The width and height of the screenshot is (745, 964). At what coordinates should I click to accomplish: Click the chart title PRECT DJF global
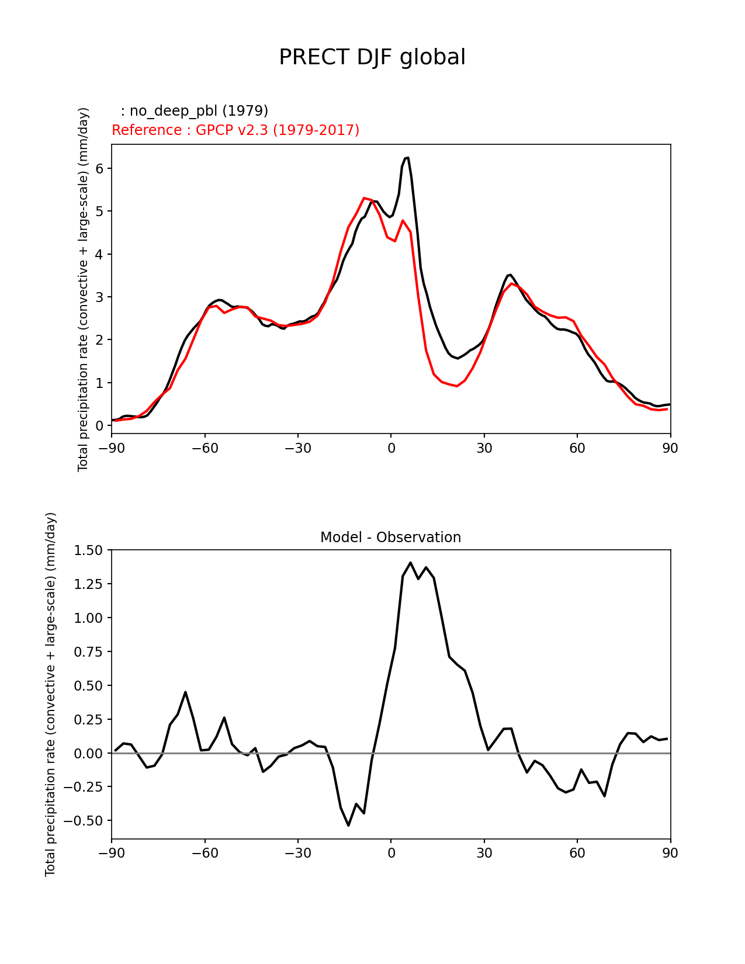[x=372, y=57]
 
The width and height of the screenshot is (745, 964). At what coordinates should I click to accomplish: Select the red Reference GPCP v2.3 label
[x=235, y=130]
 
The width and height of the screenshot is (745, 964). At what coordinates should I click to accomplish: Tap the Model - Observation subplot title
[x=390, y=538]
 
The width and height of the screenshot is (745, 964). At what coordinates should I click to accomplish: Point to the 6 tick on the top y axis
[x=99, y=168]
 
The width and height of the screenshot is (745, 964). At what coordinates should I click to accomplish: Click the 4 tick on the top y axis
[x=99, y=254]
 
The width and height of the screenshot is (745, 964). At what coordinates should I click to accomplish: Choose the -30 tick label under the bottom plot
[x=297, y=854]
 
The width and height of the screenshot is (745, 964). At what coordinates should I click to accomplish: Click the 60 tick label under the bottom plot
[x=577, y=854]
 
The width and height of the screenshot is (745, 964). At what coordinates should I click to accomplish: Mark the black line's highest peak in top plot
[x=407, y=158]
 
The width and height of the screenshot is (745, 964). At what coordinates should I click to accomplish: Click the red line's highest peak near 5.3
[x=363, y=198]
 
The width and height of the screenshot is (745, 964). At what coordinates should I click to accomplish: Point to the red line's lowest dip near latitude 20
[x=456, y=386]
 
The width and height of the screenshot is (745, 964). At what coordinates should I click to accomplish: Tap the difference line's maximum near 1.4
[x=410, y=563]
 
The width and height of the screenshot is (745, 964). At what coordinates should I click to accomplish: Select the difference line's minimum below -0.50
[x=348, y=825]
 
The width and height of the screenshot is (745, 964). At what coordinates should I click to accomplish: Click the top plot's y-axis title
[x=84, y=289]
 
